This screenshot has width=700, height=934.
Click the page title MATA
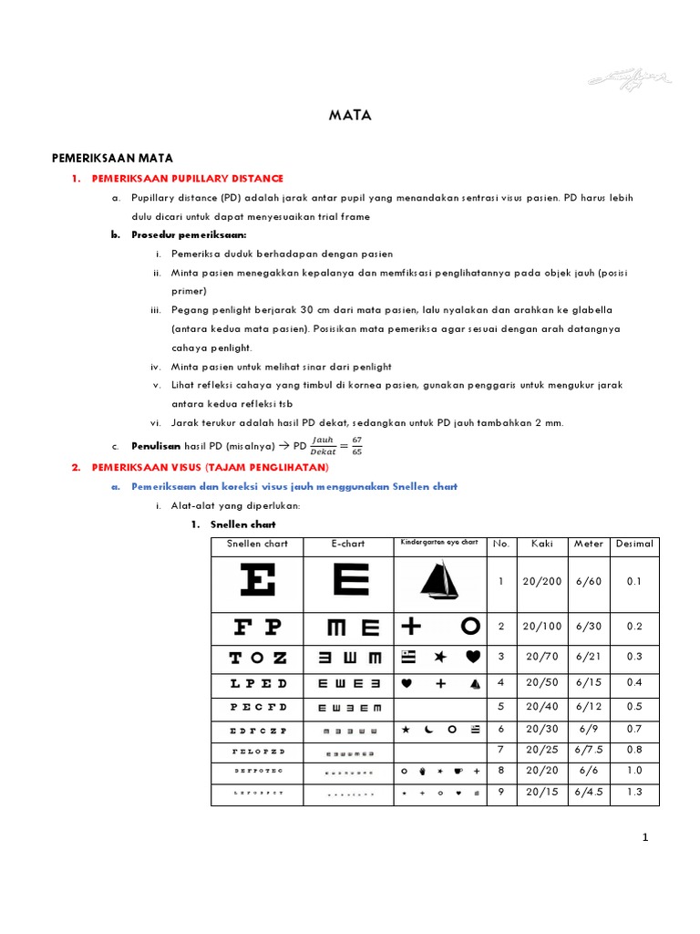[x=350, y=116]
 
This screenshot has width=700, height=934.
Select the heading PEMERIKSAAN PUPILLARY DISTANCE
[x=188, y=178]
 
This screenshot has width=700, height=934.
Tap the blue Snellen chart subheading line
[x=294, y=487]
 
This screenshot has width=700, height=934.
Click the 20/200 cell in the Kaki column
[x=542, y=582]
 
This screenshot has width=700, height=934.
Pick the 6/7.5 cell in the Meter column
[x=589, y=749]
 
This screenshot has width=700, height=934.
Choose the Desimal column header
[x=634, y=544]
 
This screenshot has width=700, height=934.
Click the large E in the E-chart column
[x=347, y=581]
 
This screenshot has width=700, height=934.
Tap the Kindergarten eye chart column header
[x=438, y=543]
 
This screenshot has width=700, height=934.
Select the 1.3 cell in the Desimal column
[x=634, y=792]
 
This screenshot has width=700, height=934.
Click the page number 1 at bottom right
[x=644, y=839]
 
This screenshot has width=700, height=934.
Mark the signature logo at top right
[x=631, y=78]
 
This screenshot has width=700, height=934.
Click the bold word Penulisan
[x=156, y=445]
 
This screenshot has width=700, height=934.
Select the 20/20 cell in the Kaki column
[x=542, y=770]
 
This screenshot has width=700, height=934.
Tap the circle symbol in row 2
[x=469, y=626]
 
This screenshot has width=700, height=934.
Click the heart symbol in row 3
[x=472, y=657]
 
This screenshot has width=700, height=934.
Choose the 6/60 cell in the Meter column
[x=589, y=582]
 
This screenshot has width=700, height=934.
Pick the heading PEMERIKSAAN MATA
[x=112, y=158]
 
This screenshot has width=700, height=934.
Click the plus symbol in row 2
[x=410, y=626]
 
